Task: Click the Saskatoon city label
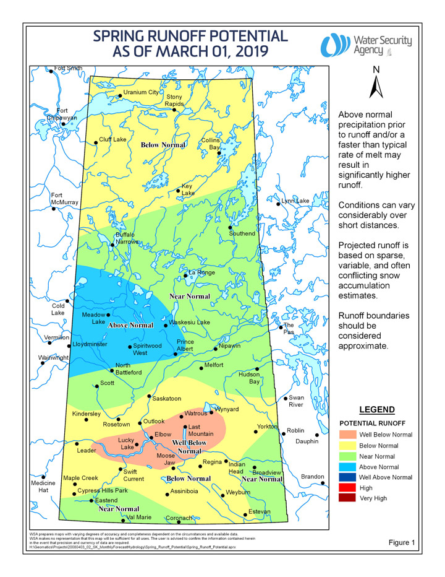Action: coord(167,399)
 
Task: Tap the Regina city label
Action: coord(212,462)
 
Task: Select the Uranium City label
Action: coord(141,92)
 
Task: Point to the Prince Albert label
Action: coord(185,345)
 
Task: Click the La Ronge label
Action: coord(201,272)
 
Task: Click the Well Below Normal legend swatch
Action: coord(348,435)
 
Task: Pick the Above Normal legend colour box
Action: coord(348,466)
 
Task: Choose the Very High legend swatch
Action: coord(348,498)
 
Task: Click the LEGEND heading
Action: coord(376,410)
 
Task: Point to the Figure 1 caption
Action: coord(402,542)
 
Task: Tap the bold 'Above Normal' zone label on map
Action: coord(130,325)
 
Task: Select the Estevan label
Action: coord(260,511)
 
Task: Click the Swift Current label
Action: coord(134,475)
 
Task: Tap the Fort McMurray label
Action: coord(64,199)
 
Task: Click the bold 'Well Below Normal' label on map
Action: coord(189,447)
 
